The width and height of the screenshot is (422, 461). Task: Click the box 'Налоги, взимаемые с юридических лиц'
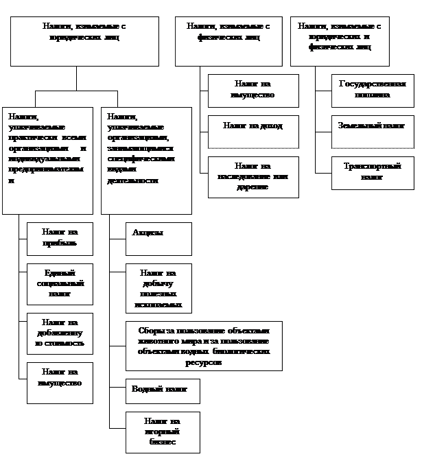point(84,41)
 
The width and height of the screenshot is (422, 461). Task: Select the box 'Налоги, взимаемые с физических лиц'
point(228,41)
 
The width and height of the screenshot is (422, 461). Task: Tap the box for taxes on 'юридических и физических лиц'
point(340,41)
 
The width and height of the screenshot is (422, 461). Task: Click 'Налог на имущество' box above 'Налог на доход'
point(253,91)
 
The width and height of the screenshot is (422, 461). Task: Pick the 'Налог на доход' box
point(253,132)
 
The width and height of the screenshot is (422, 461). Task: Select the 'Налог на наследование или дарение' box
point(253,177)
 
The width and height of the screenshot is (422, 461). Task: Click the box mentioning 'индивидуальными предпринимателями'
point(47,160)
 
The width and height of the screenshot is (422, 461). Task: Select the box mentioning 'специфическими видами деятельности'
point(146,160)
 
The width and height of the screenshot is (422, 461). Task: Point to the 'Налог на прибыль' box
point(60,239)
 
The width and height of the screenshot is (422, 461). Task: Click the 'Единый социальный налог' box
point(60,283)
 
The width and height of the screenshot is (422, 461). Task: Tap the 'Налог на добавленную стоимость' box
point(60,333)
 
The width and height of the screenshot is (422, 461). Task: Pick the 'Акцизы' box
point(159,239)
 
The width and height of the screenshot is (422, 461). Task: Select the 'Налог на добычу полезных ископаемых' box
point(159,288)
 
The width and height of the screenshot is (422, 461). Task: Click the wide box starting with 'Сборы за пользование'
point(204,345)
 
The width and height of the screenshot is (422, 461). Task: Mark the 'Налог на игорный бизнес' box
point(163,432)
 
